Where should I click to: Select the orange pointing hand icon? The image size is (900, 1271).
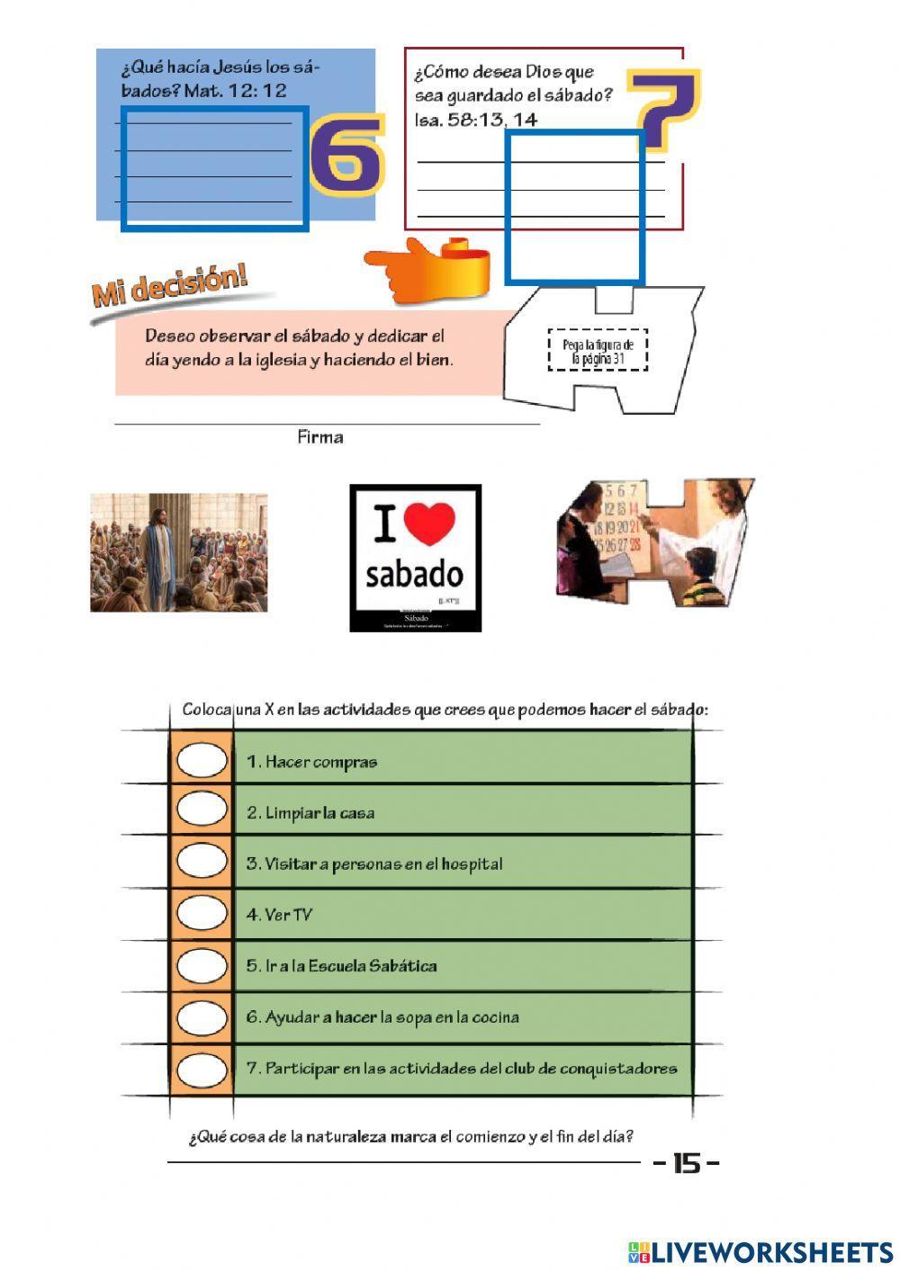pyautogui.click(x=427, y=269)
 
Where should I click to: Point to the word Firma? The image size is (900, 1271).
pyautogui.click(x=319, y=438)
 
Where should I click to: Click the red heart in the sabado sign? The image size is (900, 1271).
pyautogui.click(x=429, y=524)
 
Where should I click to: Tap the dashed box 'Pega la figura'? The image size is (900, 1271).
pyautogui.click(x=598, y=351)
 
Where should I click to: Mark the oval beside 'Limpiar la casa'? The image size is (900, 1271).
pyautogui.click(x=202, y=810)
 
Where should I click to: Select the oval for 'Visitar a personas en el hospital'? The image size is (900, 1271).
pyautogui.click(x=202, y=862)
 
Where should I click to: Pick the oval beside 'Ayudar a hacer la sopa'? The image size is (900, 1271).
pyautogui.click(x=202, y=1017)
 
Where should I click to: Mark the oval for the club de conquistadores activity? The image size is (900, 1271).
pyautogui.click(x=202, y=1070)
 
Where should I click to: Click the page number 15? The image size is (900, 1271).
pyautogui.click(x=686, y=1164)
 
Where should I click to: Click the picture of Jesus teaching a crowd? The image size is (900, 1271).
pyautogui.click(x=178, y=552)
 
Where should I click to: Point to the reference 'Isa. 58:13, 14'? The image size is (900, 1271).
pyautogui.click(x=475, y=120)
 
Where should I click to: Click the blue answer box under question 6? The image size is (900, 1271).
pyautogui.click(x=215, y=169)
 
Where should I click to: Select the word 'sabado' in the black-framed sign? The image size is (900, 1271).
pyautogui.click(x=414, y=575)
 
